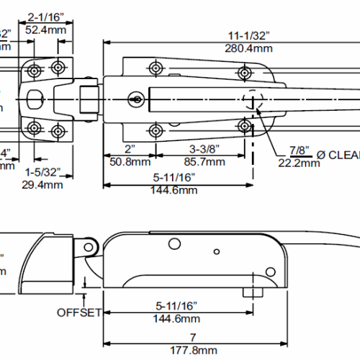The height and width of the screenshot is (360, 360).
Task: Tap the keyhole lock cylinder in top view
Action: [135, 99]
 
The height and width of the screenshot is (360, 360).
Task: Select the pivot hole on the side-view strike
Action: [89, 247]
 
